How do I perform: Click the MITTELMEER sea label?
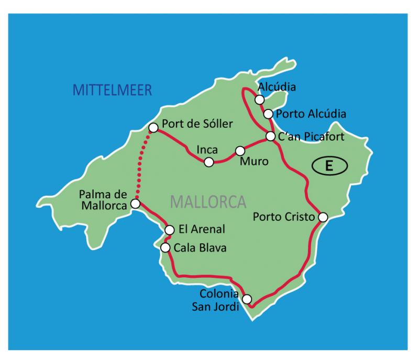[112, 89]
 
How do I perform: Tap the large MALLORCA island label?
[208, 201]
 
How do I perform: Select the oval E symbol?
[329, 166]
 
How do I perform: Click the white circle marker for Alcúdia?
[259, 99]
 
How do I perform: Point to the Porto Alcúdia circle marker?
[268, 114]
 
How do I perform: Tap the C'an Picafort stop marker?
[270, 137]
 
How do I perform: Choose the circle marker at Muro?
[240, 151]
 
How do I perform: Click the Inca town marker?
[209, 162]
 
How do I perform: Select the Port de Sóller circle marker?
[153, 127]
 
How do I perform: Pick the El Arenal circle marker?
[169, 230]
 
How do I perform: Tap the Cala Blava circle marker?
[166, 248]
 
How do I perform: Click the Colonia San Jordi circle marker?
[247, 299]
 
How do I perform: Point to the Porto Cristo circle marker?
[323, 217]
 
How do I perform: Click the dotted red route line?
[144, 166]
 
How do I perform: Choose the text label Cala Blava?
[200, 248]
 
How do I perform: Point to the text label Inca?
[207, 149]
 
